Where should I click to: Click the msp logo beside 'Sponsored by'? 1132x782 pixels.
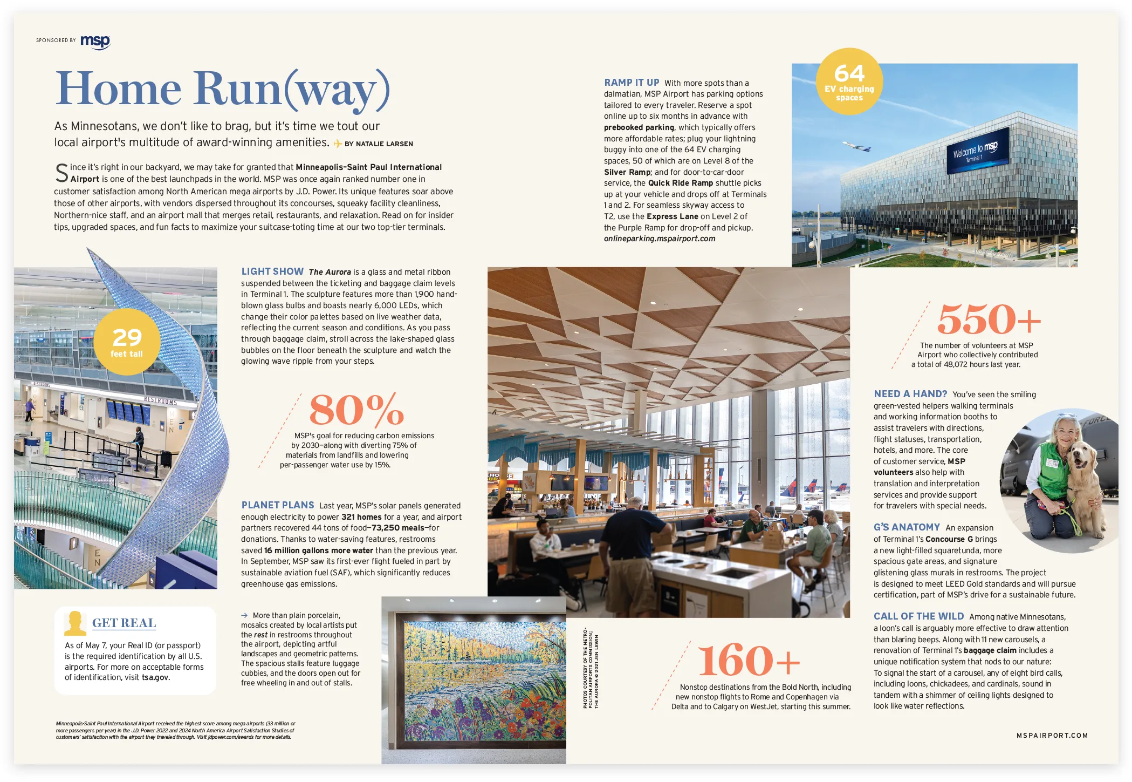click(x=95, y=42)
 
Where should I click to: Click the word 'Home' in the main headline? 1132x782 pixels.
click(x=118, y=89)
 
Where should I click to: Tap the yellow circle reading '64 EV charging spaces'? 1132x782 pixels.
click(x=849, y=81)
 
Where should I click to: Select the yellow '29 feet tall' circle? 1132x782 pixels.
click(x=127, y=342)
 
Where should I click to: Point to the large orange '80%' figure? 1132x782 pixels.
click(x=356, y=410)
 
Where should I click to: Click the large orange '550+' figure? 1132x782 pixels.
click(x=989, y=319)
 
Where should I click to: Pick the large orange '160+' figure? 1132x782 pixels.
click(x=749, y=661)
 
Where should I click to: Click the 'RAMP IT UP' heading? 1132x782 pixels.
click(x=632, y=83)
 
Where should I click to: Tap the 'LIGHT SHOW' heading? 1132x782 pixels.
click(x=272, y=271)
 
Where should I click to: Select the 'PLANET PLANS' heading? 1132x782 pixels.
click(x=278, y=505)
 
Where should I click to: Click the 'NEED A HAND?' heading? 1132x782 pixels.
click(x=910, y=394)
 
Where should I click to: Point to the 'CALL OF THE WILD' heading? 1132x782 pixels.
click(x=918, y=616)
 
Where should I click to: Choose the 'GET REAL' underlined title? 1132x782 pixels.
click(x=124, y=623)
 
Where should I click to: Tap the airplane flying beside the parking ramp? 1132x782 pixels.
click(x=856, y=146)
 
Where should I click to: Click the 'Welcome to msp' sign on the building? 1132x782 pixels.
click(x=977, y=151)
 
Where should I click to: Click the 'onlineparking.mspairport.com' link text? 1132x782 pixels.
click(x=660, y=239)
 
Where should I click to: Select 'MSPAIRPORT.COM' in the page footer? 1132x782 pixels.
click(x=1052, y=736)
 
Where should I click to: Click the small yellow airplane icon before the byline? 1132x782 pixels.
click(x=338, y=144)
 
